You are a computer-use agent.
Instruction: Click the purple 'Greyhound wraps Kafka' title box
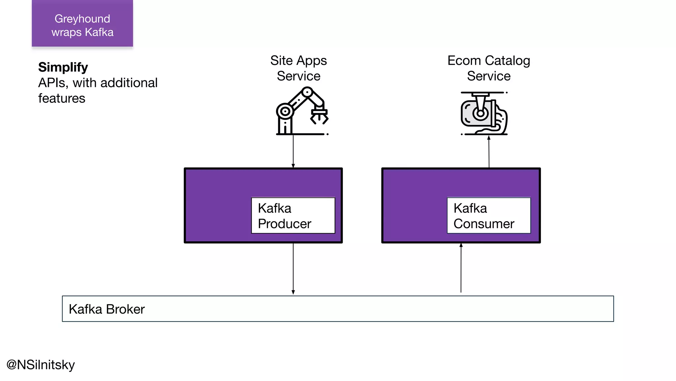82,23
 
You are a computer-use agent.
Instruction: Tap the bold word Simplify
63,67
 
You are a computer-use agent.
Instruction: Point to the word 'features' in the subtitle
62,98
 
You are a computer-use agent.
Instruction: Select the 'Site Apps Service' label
298,68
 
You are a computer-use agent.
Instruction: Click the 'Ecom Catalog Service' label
489,68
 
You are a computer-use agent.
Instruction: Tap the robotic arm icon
302,111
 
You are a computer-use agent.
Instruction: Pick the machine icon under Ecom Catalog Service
484,113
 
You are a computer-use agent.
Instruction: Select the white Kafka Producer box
293,215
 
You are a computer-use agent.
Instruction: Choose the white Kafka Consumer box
489,215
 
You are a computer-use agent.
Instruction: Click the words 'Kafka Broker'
107,309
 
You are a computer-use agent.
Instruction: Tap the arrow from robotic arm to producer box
293,151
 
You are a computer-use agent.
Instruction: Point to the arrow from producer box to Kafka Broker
293,269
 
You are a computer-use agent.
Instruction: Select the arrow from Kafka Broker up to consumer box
461,268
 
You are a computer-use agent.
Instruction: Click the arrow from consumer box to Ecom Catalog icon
489,152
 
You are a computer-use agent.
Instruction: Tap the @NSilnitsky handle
41,365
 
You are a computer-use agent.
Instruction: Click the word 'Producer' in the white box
285,224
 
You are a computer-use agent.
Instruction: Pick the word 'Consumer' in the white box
484,224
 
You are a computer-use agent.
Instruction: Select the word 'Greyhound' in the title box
82,19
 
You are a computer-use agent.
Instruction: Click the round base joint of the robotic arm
285,111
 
